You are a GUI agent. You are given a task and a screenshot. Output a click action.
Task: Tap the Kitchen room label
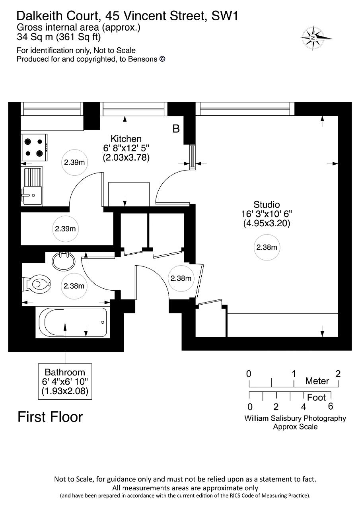point(126,139)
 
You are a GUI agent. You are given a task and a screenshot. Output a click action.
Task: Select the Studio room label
point(267,204)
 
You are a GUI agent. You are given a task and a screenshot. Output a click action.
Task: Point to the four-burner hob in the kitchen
point(34,148)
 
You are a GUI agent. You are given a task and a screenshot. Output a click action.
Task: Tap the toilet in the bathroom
point(36,284)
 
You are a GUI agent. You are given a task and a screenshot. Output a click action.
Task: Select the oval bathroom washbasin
point(63,261)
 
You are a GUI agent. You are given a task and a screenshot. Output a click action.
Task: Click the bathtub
point(73,322)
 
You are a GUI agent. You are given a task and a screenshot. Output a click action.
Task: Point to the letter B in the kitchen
point(176,129)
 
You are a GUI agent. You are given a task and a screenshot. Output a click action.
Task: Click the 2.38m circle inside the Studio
point(267,247)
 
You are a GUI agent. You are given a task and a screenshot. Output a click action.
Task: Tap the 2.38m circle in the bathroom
point(74,286)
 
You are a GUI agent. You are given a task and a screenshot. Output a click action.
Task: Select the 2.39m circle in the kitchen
point(74,162)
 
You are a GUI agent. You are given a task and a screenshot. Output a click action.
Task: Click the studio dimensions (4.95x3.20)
point(267,223)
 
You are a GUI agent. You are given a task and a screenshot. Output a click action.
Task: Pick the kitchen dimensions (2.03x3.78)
point(126,157)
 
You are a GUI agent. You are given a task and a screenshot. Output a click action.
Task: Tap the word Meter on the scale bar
point(317,381)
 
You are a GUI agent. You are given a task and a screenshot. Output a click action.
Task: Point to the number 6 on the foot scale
point(331,406)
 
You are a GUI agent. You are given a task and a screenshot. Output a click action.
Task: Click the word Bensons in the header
point(143,59)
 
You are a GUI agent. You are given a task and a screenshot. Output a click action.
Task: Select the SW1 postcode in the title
point(225,16)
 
